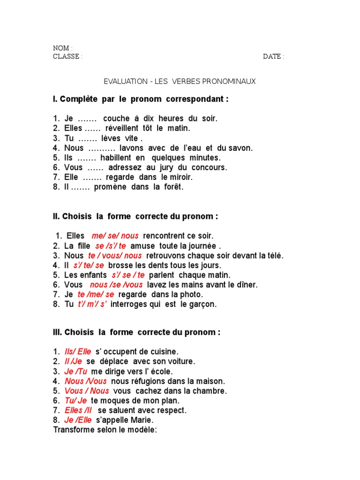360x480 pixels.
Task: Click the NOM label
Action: [x=61, y=48]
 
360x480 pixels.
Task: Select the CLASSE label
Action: [x=67, y=57]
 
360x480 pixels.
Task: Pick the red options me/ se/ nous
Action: [x=115, y=236]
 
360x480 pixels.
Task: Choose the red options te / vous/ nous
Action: [x=114, y=255]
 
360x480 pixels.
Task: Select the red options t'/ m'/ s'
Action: [x=92, y=304]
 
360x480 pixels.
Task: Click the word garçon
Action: [x=204, y=304]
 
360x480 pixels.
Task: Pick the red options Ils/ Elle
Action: [x=77, y=352]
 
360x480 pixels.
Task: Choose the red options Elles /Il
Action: [x=78, y=410]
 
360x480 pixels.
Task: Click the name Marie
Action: [x=143, y=420]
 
